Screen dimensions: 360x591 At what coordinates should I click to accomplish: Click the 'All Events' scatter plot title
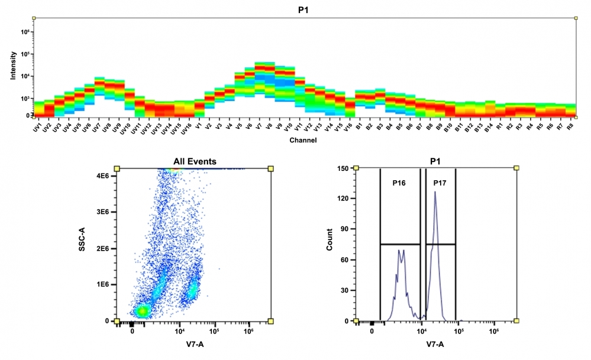point(195,161)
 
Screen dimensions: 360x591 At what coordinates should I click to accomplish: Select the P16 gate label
point(399,183)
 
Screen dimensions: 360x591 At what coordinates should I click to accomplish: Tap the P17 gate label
point(440,183)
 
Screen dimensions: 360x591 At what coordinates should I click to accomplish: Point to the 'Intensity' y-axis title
point(13,67)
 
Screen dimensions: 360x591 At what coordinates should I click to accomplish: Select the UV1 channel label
point(37,128)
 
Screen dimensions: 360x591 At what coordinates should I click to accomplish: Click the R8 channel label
point(570,127)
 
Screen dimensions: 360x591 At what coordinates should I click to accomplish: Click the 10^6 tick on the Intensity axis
point(25,31)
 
